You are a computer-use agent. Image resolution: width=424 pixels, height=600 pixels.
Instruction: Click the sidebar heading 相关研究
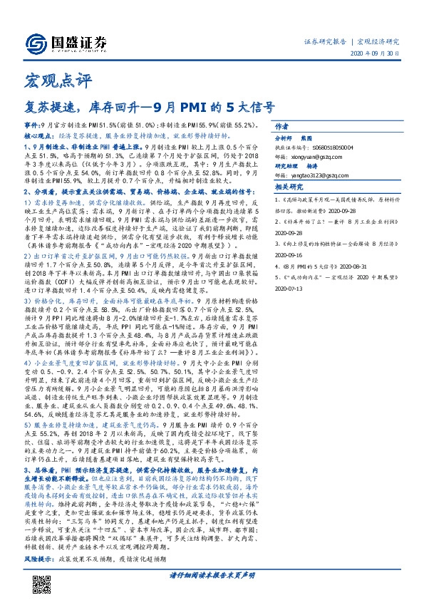287,187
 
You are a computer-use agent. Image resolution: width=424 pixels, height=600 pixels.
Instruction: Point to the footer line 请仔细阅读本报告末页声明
212,575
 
